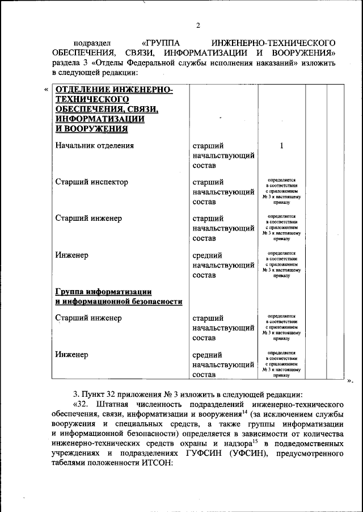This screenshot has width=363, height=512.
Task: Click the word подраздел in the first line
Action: coord(94,43)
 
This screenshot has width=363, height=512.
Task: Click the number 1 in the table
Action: coord(281,145)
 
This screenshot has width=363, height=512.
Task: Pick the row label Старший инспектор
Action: coord(91,182)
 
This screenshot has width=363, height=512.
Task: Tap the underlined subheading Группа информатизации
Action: coord(101,292)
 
